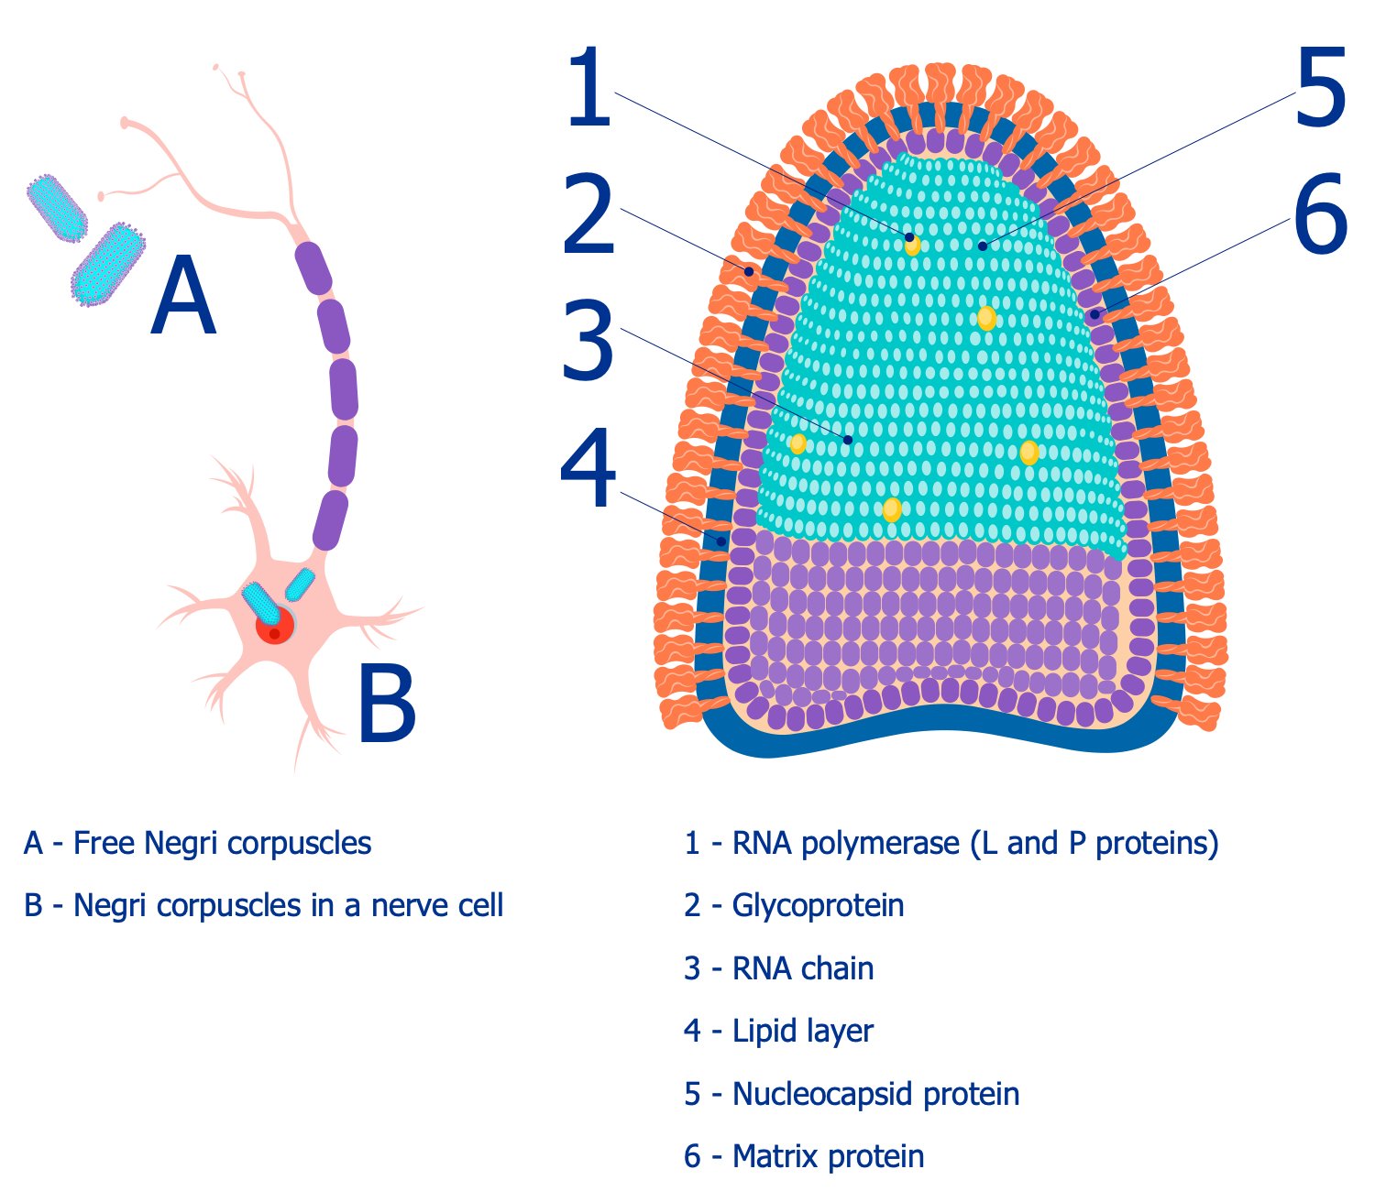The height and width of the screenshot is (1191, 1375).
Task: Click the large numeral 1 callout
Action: coord(588,89)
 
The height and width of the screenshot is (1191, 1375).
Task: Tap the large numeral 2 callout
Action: coord(588,216)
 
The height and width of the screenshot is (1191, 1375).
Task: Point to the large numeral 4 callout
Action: coord(588,469)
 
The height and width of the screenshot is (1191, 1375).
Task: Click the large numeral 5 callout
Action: coord(1320,89)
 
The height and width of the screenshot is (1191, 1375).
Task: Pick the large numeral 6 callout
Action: coord(1320,216)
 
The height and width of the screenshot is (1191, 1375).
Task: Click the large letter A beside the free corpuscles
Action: coord(183,296)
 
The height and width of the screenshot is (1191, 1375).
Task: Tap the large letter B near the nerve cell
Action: coord(386,704)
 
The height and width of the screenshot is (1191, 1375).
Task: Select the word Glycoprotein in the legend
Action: coord(818,905)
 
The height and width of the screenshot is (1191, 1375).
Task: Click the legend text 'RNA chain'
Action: coord(802,968)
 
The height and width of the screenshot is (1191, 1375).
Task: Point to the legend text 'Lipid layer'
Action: coord(802,1031)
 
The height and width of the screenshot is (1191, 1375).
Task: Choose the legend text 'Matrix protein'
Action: coord(828,1156)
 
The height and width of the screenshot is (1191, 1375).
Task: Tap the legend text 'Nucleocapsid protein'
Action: coord(875,1094)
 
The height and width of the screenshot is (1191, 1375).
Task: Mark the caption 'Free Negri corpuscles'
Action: coord(222,843)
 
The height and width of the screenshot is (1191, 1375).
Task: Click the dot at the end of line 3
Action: coord(848,440)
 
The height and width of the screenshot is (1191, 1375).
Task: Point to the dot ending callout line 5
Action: coord(982,246)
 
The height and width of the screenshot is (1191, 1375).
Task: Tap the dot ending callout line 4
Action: coord(721,541)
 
